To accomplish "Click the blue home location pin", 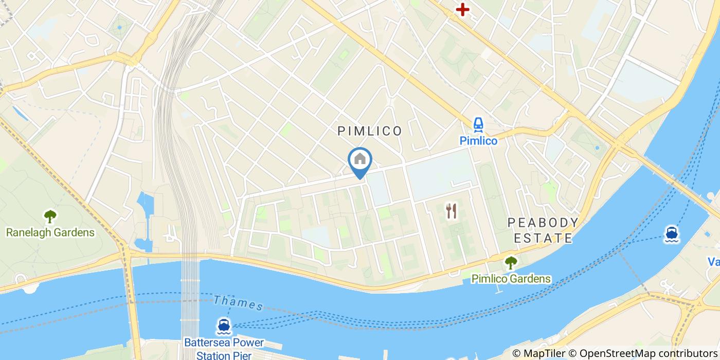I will (x=360, y=160).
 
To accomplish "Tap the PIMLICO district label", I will (x=370, y=131).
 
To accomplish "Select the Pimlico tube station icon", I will (x=478, y=124).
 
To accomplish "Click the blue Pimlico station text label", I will (x=478, y=140).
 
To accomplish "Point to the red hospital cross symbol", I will (x=463, y=9).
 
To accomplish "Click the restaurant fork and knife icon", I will (x=452, y=211).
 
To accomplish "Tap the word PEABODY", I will (x=543, y=223).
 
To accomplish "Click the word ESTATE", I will (x=540, y=238).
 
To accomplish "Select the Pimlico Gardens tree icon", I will (x=511, y=263).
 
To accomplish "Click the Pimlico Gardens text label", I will (x=511, y=279).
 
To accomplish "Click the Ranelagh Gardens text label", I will (x=50, y=232).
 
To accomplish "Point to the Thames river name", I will (x=238, y=302).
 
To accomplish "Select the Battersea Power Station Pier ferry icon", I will (x=224, y=326).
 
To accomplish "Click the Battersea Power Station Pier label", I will (x=224, y=349).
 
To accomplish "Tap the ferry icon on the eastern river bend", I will (x=671, y=234).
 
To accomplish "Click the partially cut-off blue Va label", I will (x=714, y=262).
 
